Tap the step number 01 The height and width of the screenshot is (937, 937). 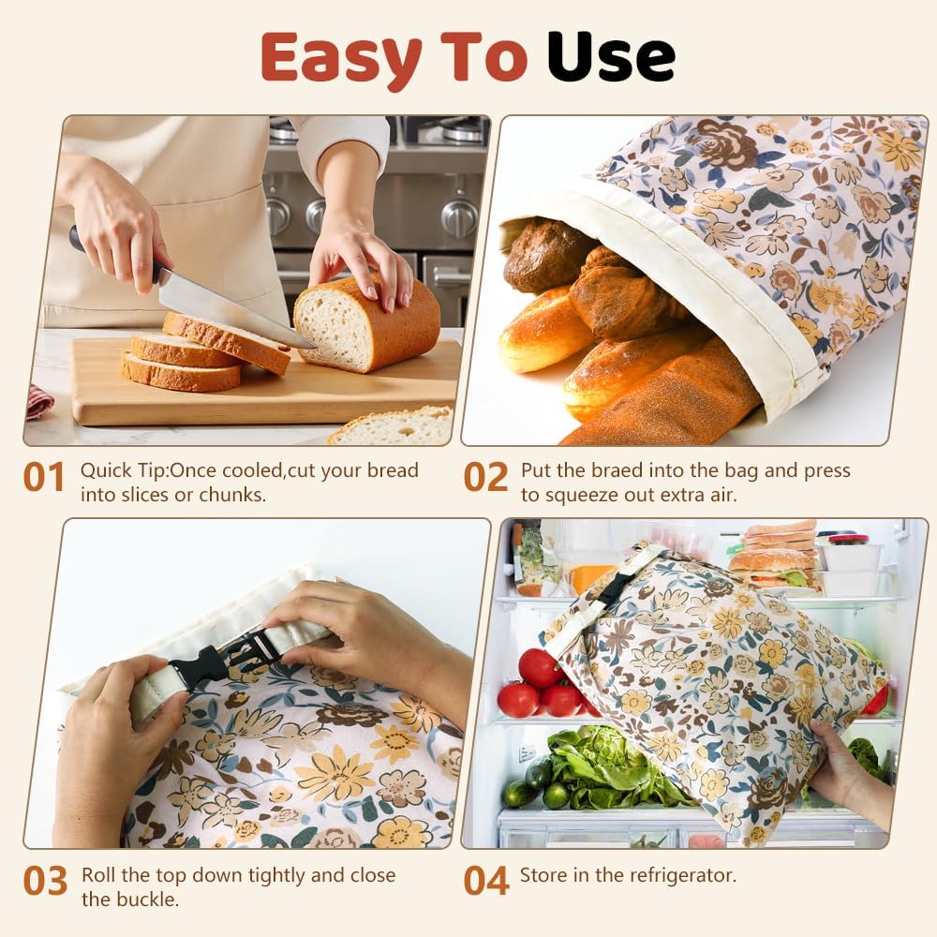44,477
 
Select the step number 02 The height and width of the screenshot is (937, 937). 485,477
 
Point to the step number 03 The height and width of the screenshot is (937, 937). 45,882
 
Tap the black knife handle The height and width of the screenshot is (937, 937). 76,239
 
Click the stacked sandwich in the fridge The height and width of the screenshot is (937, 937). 773,558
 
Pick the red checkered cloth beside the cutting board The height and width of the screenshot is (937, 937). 39,401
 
